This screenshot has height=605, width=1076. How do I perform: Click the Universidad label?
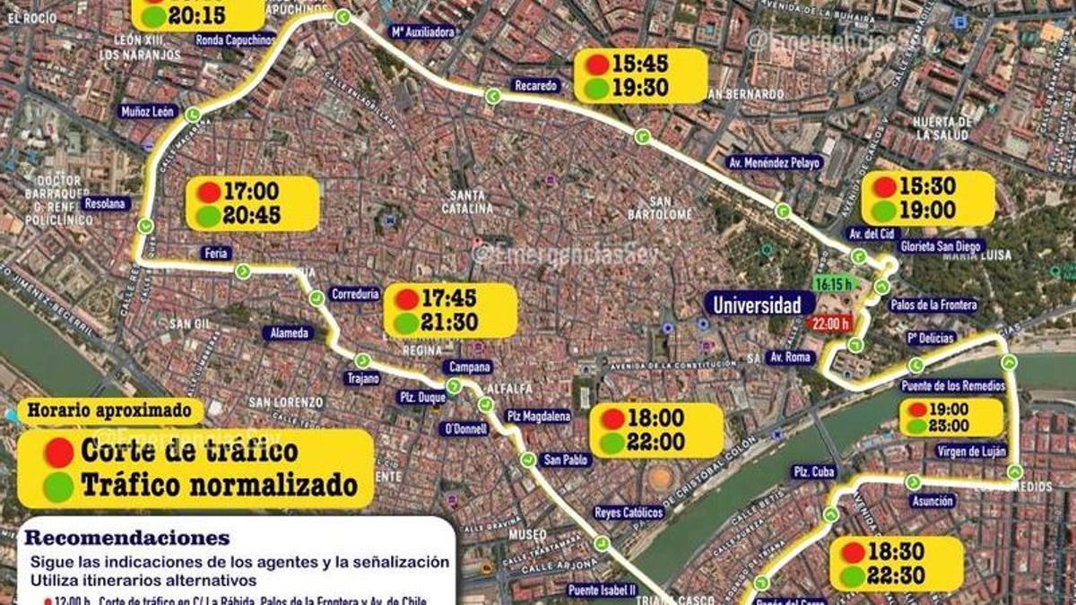pyautogui.click(x=757, y=305)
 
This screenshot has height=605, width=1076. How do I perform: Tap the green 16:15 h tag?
pyautogui.click(x=832, y=283)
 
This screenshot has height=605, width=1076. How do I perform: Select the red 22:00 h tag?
pyautogui.click(x=829, y=324)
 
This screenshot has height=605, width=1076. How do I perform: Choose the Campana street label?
pyautogui.click(x=466, y=367)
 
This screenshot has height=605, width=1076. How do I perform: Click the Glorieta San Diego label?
pyautogui.click(x=941, y=246)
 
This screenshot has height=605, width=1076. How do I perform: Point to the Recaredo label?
pyautogui.click(x=536, y=86)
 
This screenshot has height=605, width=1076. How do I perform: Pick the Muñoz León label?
pyautogui.click(x=147, y=112)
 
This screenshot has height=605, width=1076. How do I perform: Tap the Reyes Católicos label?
pyautogui.click(x=629, y=513)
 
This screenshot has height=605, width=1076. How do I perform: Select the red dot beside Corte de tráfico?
pyautogui.click(x=59, y=452)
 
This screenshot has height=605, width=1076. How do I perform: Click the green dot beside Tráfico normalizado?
pyautogui.click(x=59, y=487)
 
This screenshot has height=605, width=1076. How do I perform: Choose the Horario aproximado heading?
pyautogui.click(x=109, y=411)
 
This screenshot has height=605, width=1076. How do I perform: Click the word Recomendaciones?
pyautogui.click(x=127, y=539)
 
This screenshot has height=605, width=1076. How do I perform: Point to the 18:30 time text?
pyautogui.click(x=897, y=552)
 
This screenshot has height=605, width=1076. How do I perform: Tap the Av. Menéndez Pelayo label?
pyautogui.click(x=773, y=162)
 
